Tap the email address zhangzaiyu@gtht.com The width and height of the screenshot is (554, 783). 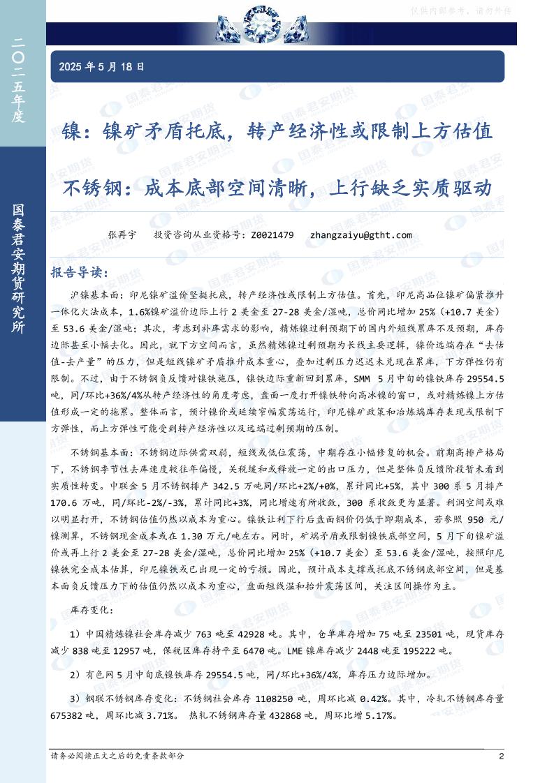point(360,235)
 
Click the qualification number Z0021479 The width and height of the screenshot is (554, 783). point(271,235)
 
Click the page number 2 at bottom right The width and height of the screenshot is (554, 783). point(501,756)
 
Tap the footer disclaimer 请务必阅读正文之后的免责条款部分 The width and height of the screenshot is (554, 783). point(118,756)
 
